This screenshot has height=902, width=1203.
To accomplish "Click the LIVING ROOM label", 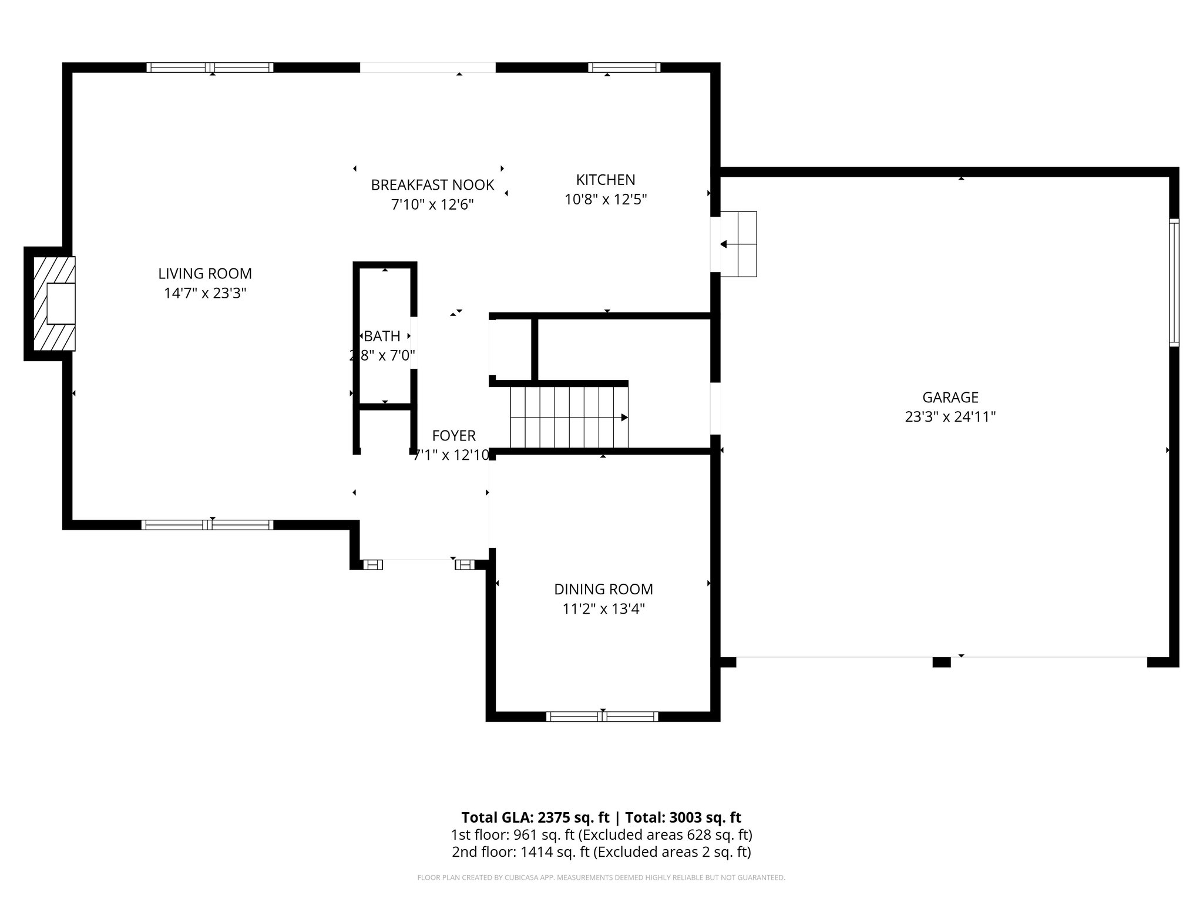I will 204,274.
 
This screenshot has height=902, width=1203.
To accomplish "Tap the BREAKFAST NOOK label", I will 432,185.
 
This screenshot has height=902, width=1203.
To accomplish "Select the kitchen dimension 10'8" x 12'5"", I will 605,200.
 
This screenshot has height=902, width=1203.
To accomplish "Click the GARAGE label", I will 950,398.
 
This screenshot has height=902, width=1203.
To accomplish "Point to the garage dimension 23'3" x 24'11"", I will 950,417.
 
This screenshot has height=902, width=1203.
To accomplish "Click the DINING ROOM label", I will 603,589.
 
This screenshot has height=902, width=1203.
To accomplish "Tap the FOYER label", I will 453,436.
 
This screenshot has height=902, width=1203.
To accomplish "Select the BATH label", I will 382,336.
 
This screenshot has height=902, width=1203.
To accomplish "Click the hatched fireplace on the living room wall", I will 54,304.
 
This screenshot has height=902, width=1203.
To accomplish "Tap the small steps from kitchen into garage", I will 739,244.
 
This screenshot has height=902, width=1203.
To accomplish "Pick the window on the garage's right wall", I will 1174,282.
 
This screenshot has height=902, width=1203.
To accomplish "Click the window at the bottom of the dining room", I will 602,716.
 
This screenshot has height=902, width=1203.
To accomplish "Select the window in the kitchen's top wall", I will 624,68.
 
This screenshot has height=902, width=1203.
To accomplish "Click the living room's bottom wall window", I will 207,524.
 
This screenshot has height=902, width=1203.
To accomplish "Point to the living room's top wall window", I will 210,68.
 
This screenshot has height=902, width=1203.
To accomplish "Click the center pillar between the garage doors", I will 941,662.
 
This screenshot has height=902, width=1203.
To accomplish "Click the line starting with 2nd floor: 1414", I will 601,851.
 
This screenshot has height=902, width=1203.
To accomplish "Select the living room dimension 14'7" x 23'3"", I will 204,293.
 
